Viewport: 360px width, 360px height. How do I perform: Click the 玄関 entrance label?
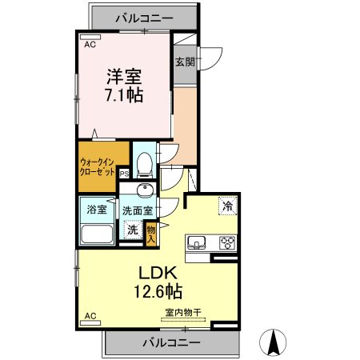point(184,62)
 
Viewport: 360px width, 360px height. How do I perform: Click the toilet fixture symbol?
point(145,163)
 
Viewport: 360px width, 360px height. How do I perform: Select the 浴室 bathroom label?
point(98,210)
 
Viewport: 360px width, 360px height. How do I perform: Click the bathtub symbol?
point(98,236)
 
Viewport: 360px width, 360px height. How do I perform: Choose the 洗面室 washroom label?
point(138,210)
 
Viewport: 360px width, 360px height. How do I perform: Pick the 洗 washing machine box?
point(133,230)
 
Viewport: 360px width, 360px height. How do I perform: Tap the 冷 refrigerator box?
point(228,205)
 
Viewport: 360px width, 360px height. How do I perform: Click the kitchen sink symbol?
point(198,242)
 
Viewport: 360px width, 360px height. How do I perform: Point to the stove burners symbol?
point(226,242)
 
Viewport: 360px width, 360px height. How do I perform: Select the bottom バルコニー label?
point(172,342)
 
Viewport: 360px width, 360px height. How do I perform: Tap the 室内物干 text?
point(183,313)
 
